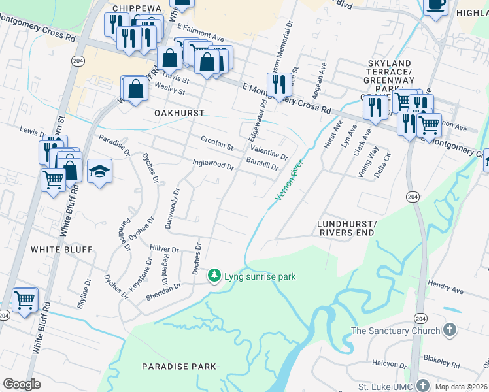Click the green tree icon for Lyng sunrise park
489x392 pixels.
214,276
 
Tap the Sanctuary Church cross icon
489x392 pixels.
449,330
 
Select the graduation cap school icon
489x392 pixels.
99,172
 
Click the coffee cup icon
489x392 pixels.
435,5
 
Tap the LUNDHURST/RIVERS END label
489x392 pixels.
345,228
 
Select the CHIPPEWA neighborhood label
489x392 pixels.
136,8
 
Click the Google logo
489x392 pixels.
22,384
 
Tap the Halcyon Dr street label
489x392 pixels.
389,363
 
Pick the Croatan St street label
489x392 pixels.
216,143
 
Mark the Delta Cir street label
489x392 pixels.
382,157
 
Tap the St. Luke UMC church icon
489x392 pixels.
423,385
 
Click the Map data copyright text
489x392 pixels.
460,387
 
